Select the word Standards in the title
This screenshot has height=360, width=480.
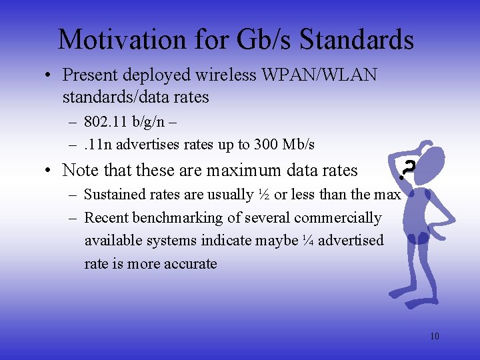click(357, 40)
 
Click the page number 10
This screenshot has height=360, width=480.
click(434, 336)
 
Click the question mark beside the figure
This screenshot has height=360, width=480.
click(407, 170)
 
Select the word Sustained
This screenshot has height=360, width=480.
click(115, 195)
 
